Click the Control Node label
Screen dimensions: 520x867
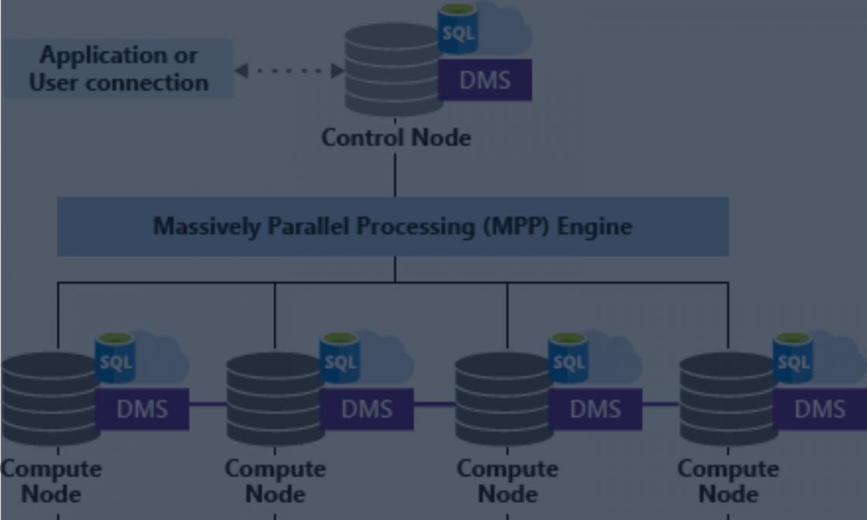point(396,138)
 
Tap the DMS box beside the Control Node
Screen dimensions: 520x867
point(485,80)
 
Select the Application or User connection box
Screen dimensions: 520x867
point(118,69)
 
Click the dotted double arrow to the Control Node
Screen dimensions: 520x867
point(289,70)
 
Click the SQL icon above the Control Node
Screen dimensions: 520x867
point(457,31)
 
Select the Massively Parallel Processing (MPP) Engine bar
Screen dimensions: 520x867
point(392,226)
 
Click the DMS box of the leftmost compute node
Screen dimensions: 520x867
point(142,409)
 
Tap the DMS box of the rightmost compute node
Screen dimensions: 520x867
point(819,409)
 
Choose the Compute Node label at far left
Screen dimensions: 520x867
point(50,481)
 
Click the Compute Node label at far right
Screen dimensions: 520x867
point(728,481)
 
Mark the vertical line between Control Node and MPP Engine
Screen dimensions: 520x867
point(395,174)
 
